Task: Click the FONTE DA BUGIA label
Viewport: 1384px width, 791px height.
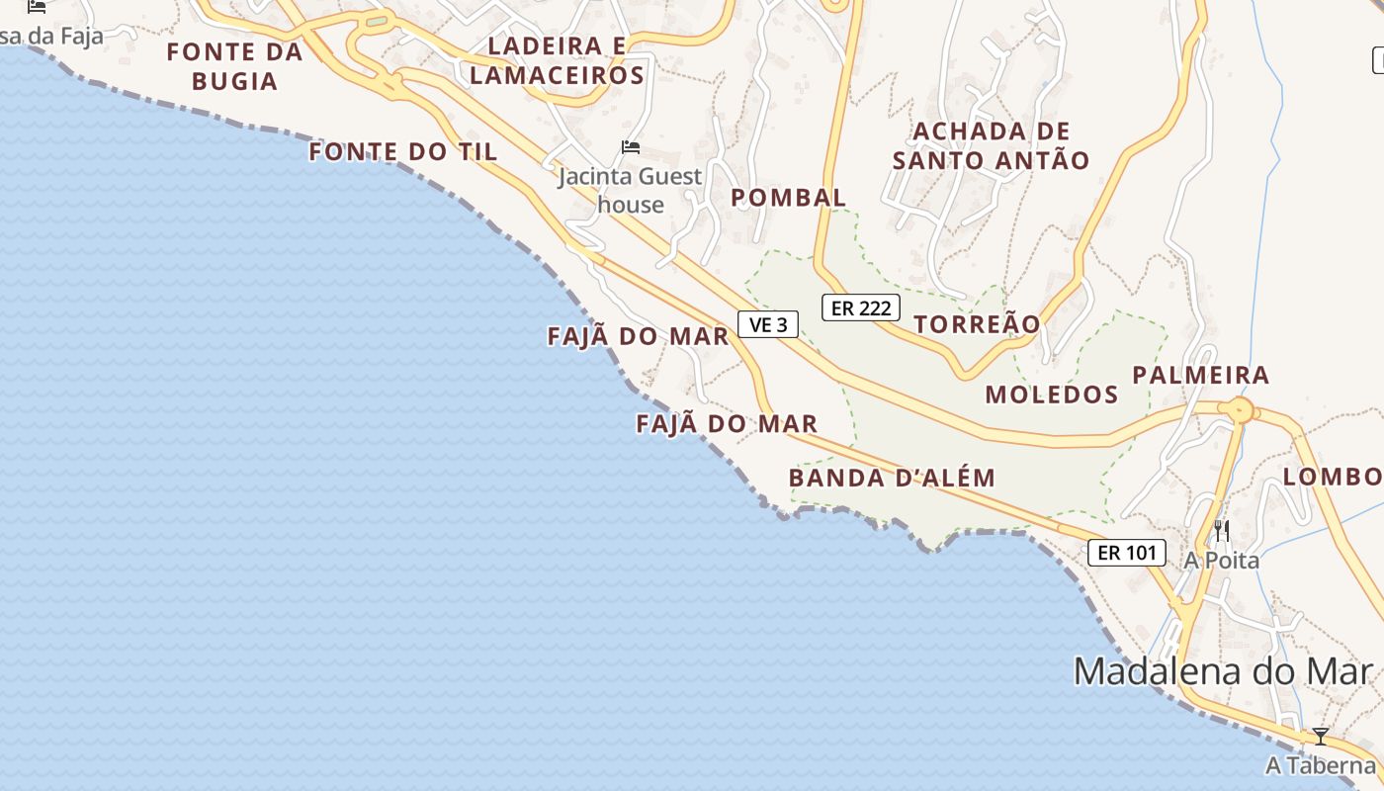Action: (x=234, y=66)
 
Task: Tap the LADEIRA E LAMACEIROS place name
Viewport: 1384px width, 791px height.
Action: (x=558, y=60)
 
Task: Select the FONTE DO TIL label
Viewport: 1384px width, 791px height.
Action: (x=403, y=151)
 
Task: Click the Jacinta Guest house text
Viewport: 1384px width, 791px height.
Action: (x=630, y=190)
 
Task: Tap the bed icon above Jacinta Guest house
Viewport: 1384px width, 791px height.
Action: (x=631, y=147)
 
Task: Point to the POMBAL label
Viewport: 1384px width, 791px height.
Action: (x=788, y=198)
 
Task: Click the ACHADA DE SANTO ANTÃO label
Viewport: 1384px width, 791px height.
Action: (x=991, y=145)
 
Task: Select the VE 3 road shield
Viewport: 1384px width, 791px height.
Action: (x=768, y=324)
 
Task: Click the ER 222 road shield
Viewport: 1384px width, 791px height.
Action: (x=861, y=308)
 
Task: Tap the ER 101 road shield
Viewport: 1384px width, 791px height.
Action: (x=1127, y=553)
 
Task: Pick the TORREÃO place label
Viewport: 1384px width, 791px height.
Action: (x=977, y=324)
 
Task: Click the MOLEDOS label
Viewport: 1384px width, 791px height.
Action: (x=1052, y=395)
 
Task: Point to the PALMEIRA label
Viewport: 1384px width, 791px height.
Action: (x=1200, y=375)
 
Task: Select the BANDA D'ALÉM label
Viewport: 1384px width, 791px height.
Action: (x=892, y=478)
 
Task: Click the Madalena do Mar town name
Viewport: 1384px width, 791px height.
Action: (x=1224, y=671)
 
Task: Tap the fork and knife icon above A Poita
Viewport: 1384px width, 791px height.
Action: (x=1222, y=531)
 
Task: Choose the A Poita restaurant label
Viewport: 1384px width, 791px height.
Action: (x=1222, y=561)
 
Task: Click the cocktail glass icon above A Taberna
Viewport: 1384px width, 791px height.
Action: (x=1320, y=737)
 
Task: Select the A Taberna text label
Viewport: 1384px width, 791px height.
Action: (x=1320, y=765)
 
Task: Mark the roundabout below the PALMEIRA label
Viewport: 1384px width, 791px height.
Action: (x=1240, y=409)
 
